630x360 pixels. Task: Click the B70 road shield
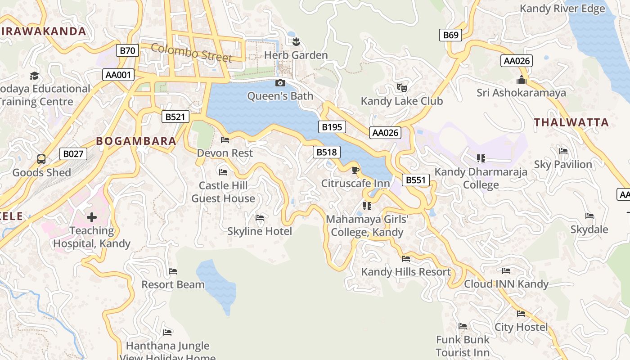(x=127, y=50)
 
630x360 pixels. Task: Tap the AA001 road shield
(x=118, y=75)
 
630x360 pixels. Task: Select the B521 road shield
(x=175, y=117)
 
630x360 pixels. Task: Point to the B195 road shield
(x=332, y=127)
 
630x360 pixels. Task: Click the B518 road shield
(x=327, y=152)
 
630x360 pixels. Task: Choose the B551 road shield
(x=415, y=180)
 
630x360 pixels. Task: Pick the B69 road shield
(x=450, y=35)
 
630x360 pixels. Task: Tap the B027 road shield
(x=73, y=154)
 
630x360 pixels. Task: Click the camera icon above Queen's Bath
(x=280, y=83)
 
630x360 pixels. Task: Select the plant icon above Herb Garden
(x=296, y=42)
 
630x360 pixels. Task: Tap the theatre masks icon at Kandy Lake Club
(x=401, y=87)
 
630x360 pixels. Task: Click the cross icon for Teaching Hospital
(x=92, y=217)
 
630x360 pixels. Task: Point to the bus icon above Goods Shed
(x=41, y=159)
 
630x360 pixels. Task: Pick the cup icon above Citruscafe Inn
(x=355, y=170)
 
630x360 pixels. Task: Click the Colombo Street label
(x=192, y=53)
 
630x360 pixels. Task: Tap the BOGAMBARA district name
(x=136, y=141)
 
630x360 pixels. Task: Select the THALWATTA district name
(x=571, y=122)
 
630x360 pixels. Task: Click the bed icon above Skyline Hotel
(x=260, y=218)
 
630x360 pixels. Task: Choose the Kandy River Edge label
(x=562, y=9)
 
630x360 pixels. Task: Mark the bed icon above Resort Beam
(x=173, y=271)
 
